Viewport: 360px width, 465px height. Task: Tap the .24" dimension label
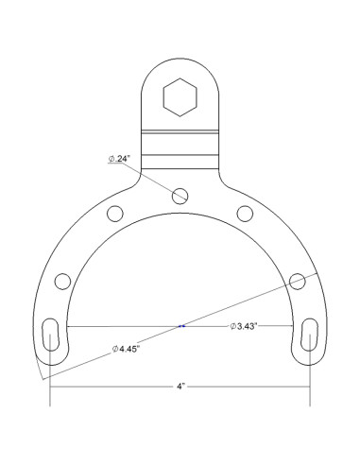click(124, 160)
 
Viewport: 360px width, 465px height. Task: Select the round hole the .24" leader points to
click(180, 196)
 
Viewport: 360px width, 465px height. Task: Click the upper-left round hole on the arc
click(114, 212)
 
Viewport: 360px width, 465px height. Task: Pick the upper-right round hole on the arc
click(244, 212)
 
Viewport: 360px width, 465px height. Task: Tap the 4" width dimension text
click(180, 387)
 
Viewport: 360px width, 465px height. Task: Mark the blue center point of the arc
click(180, 326)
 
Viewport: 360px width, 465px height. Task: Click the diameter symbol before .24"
click(111, 160)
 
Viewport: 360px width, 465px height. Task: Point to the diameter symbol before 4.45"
click(116, 349)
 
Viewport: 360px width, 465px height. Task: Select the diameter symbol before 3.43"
click(232, 326)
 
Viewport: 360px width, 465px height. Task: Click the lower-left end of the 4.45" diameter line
click(43, 378)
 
